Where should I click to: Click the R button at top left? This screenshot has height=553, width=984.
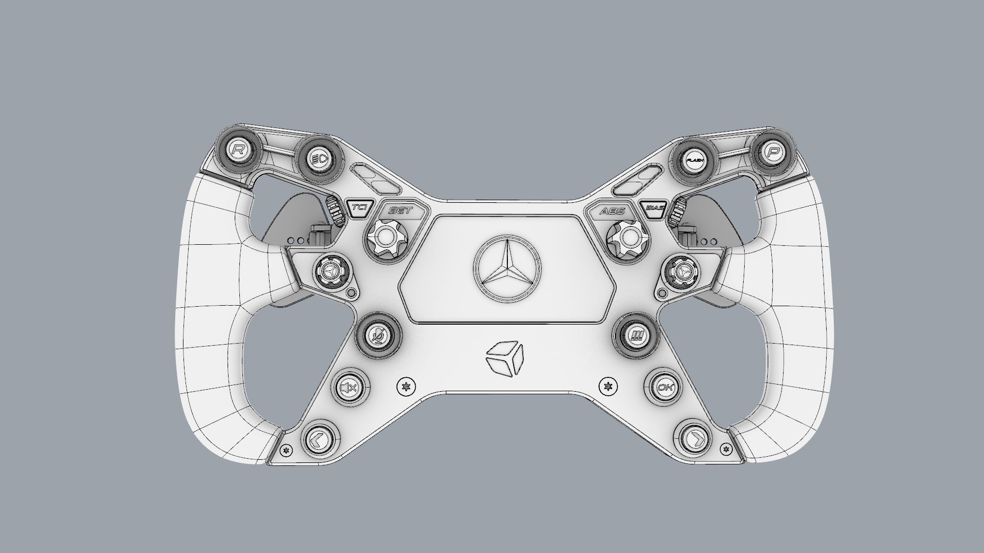(238, 150)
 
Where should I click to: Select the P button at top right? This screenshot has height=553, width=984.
(772, 151)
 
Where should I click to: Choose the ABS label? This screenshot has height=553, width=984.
(612, 210)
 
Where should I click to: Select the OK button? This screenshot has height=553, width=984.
(665, 387)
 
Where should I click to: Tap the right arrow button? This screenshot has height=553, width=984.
(696, 439)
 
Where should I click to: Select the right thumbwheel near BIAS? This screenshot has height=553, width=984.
(680, 210)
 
